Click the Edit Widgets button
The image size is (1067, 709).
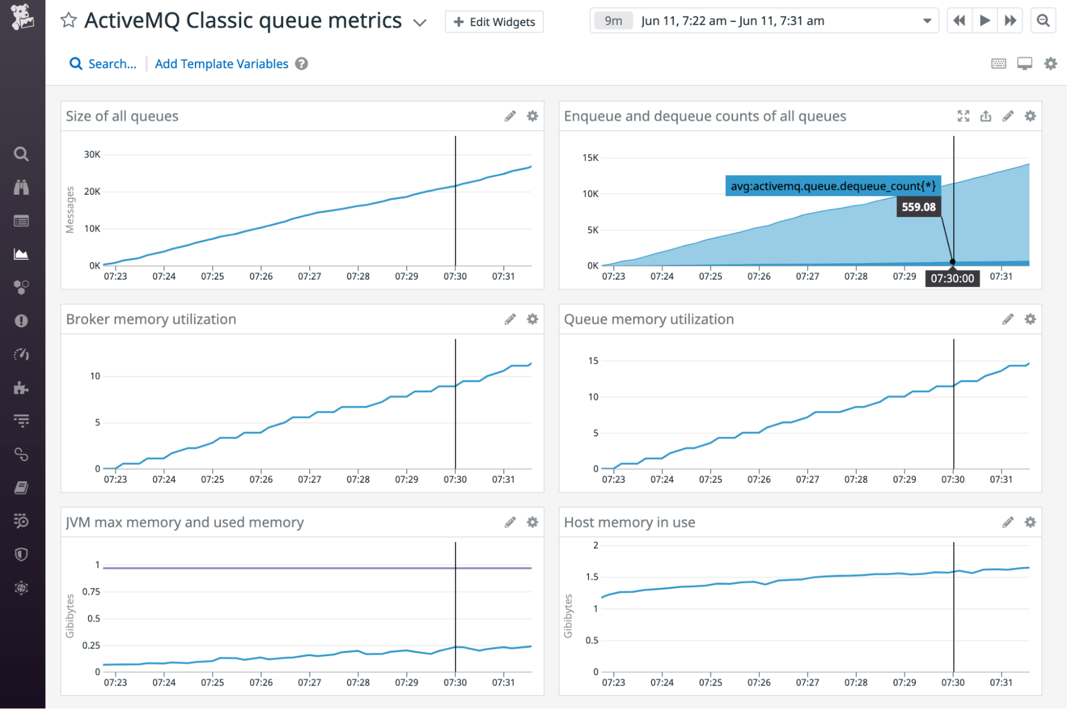pyautogui.click(x=494, y=22)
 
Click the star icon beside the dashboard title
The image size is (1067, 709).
pyautogui.click(x=68, y=21)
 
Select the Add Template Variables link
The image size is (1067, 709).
pyautogui.click(x=222, y=64)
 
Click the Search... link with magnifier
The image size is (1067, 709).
pyautogui.click(x=104, y=64)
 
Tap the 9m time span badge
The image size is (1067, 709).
pyautogui.click(x=613, y=21)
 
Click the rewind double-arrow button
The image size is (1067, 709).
pyautogui.click(x=959, y=21)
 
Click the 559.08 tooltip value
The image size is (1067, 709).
pyautogui.click(x=918, y=207)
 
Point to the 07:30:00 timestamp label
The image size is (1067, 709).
pyautogui.click(x=952, y=278)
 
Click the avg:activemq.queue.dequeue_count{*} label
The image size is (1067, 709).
pyautogui.click(x=833, y=186)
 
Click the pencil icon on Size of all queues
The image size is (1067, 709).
pyautogui.click(x=510, y=116)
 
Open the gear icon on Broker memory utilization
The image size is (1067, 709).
pyautogui.click(x=532, y=319)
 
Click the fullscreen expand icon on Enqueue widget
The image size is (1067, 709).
pyautogui.click(x=963, y=116)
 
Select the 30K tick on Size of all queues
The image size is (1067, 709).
pyautogui.click(x=92, y=155)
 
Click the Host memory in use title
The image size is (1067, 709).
pyautogui.click(x=629, y=522)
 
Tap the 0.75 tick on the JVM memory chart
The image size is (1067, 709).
pyautogui.click(x=91, y=591)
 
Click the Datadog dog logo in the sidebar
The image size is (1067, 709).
pyautogui.click(x=22, y=17)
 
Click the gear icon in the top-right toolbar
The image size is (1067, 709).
pyautogui.click(x=1050, y=64)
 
